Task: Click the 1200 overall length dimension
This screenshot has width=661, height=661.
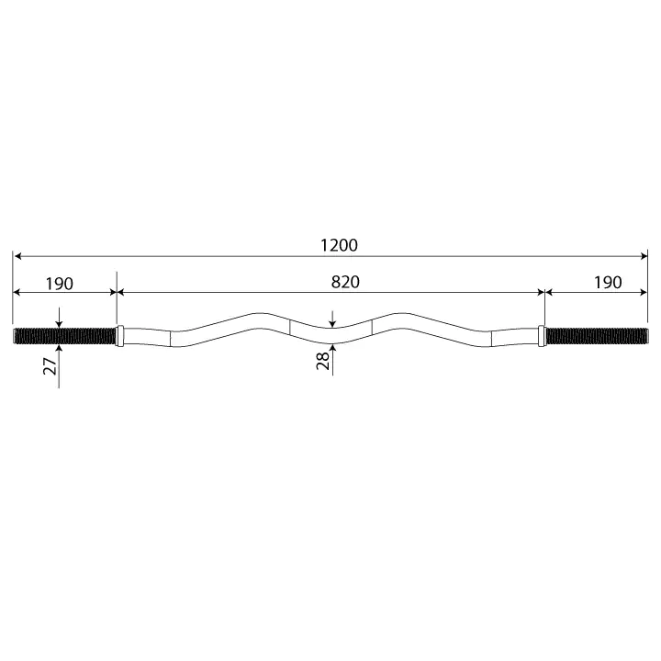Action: click(340, 245)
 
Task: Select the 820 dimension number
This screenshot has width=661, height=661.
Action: click(345, 282)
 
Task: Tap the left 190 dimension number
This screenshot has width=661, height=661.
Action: click(60, 284)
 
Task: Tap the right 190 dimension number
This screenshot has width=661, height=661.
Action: click(608, 283)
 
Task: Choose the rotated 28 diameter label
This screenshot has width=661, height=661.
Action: click(323, 361)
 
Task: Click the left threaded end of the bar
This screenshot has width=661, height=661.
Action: click(64, 336)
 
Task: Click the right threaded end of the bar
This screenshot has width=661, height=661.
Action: click(596, 336)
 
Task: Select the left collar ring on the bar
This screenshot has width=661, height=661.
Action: click(119, 336)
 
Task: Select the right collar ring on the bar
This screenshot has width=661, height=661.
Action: click(542, 336)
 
